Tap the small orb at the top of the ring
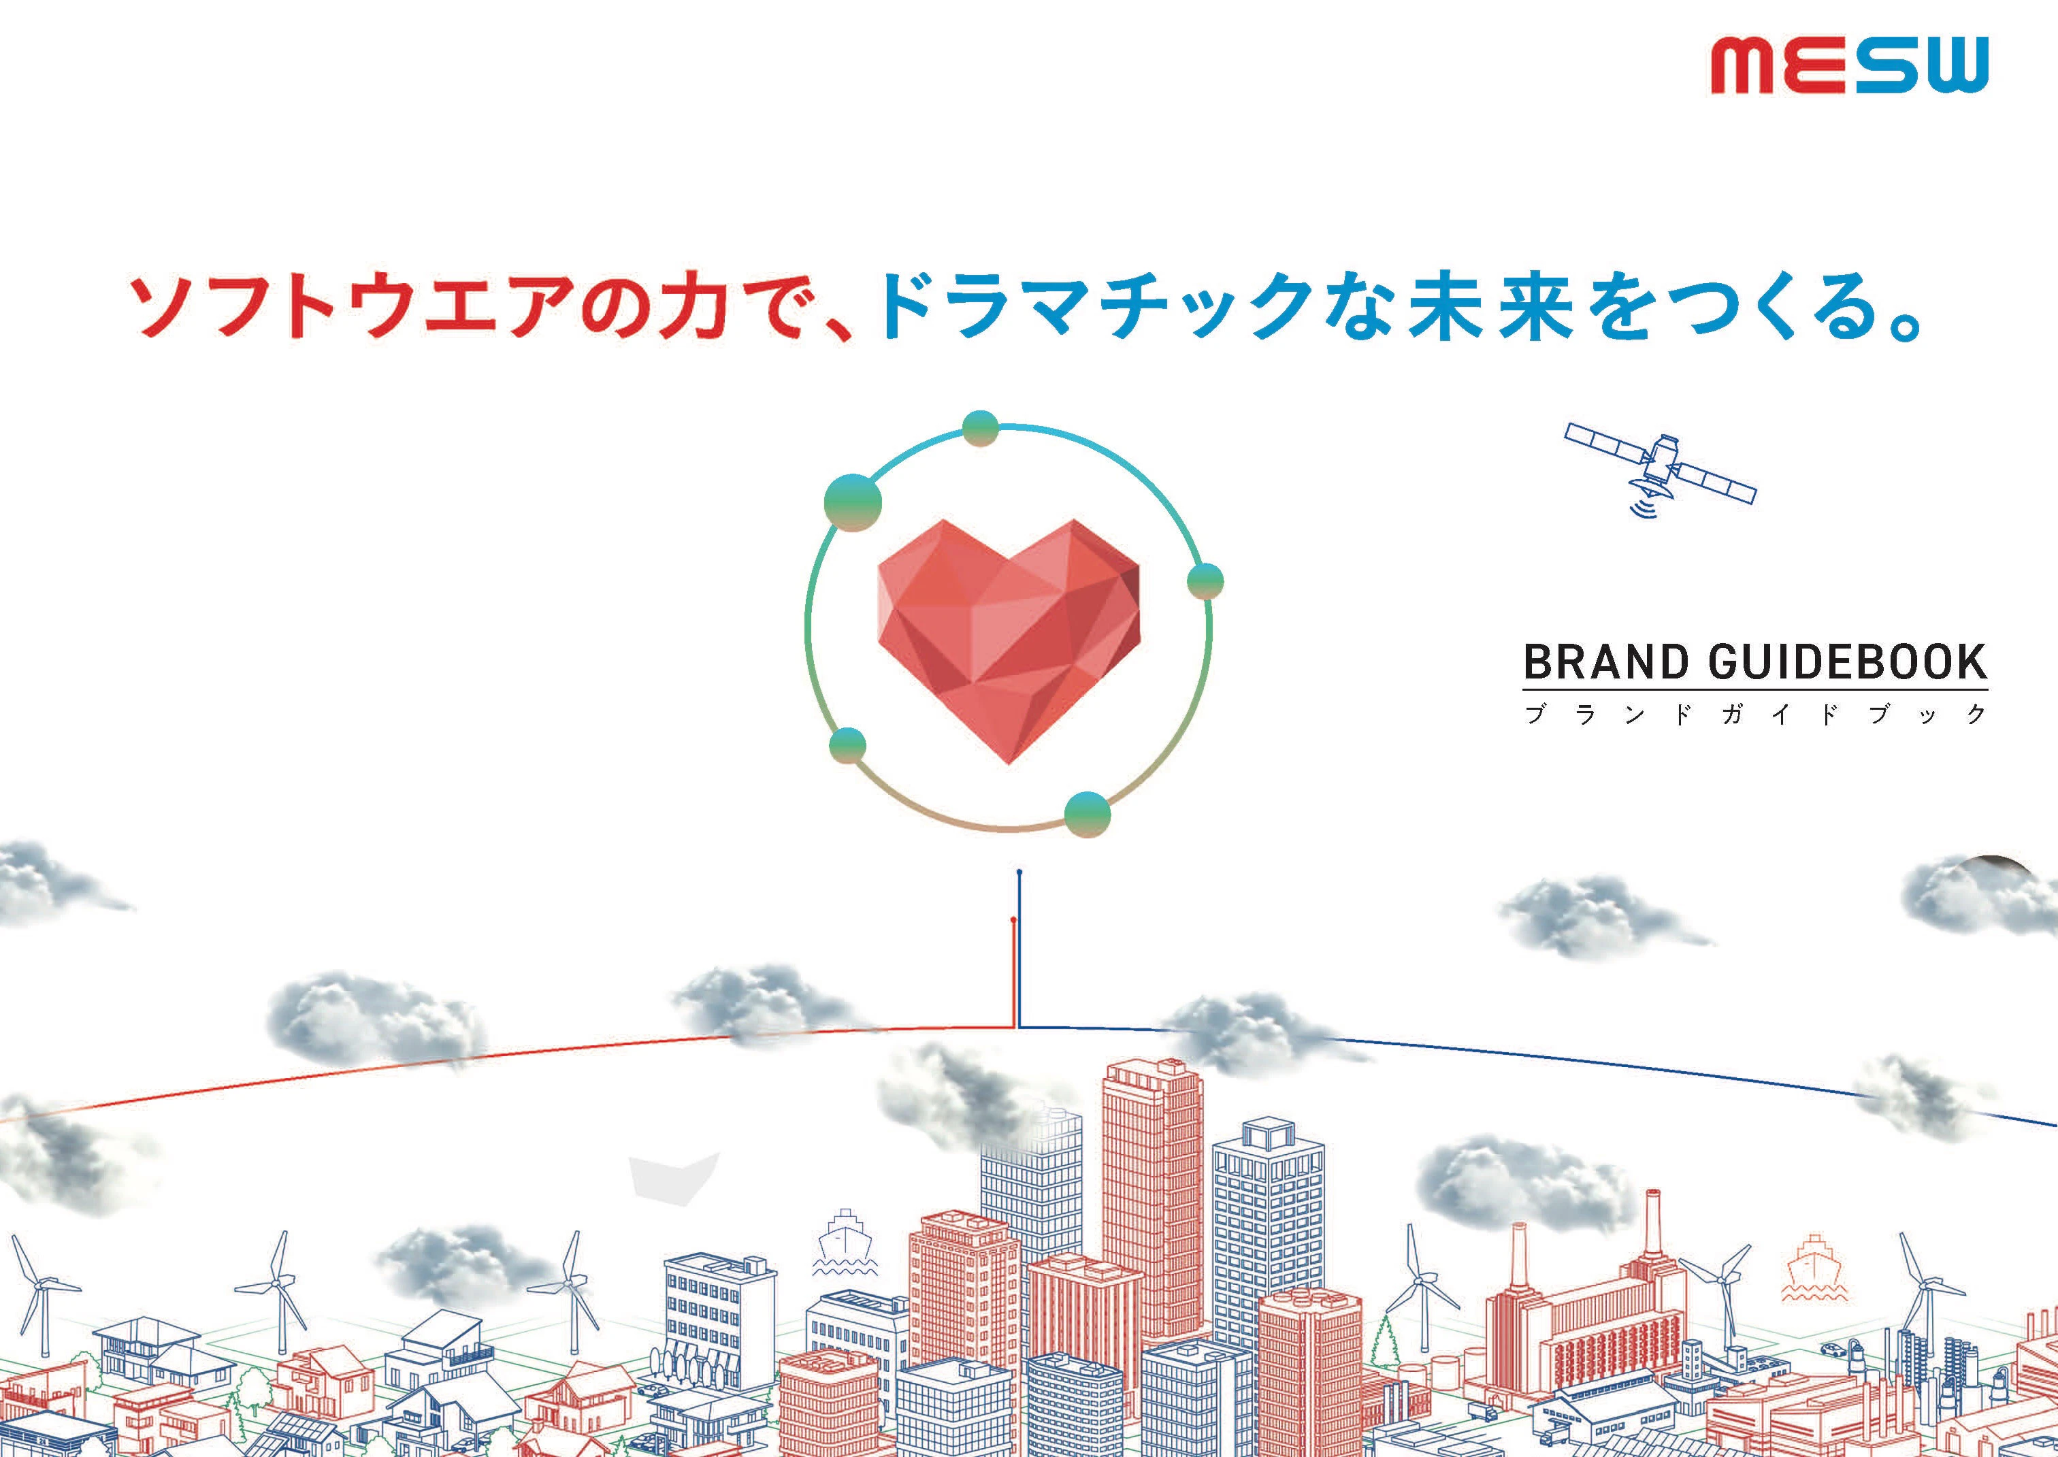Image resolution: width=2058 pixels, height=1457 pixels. click(x=981, y=429)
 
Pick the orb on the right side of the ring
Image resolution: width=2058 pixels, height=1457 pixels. click(x=1205, y=581)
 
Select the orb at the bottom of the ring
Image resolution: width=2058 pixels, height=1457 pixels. click(x=1088, y=815)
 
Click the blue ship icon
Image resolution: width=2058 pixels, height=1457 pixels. click(x=844, y=1243)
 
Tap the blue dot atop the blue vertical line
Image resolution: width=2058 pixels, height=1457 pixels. click(x=1019, y=872)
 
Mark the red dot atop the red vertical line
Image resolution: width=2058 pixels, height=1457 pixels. click(x=1013, y=919)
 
